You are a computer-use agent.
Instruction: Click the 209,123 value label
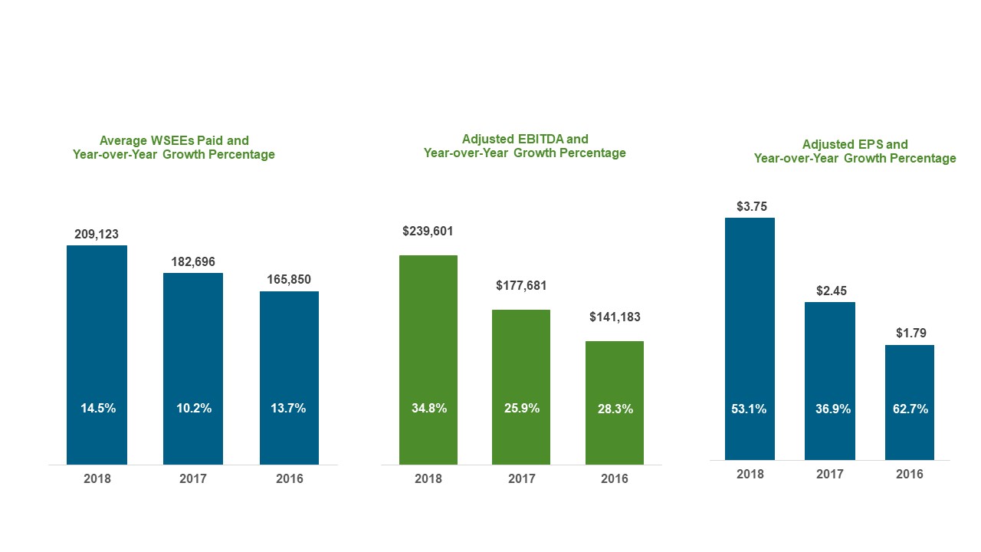click(x=97, y=234)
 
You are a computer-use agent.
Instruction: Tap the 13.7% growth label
click(x=289, y=409)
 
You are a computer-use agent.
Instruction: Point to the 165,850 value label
click(x=289, y=280)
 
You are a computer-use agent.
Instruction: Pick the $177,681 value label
click(x=521, y=286)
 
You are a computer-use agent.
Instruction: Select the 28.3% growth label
click(x=615, y=409)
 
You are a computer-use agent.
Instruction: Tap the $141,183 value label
click(x=615, y=317)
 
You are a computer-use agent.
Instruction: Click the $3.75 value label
click(x=751, y=206)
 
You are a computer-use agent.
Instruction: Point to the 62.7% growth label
click(x=910, y=409)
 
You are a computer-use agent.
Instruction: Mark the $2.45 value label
click(x=830, y=291)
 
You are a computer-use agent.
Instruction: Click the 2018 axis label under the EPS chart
click(x=750, y=474)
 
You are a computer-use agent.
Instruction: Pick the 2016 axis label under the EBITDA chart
click(x=615, y=478)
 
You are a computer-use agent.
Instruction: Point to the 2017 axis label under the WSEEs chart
click(x=193, y=478)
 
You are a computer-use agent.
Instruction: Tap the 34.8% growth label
click(x=429, y=409)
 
